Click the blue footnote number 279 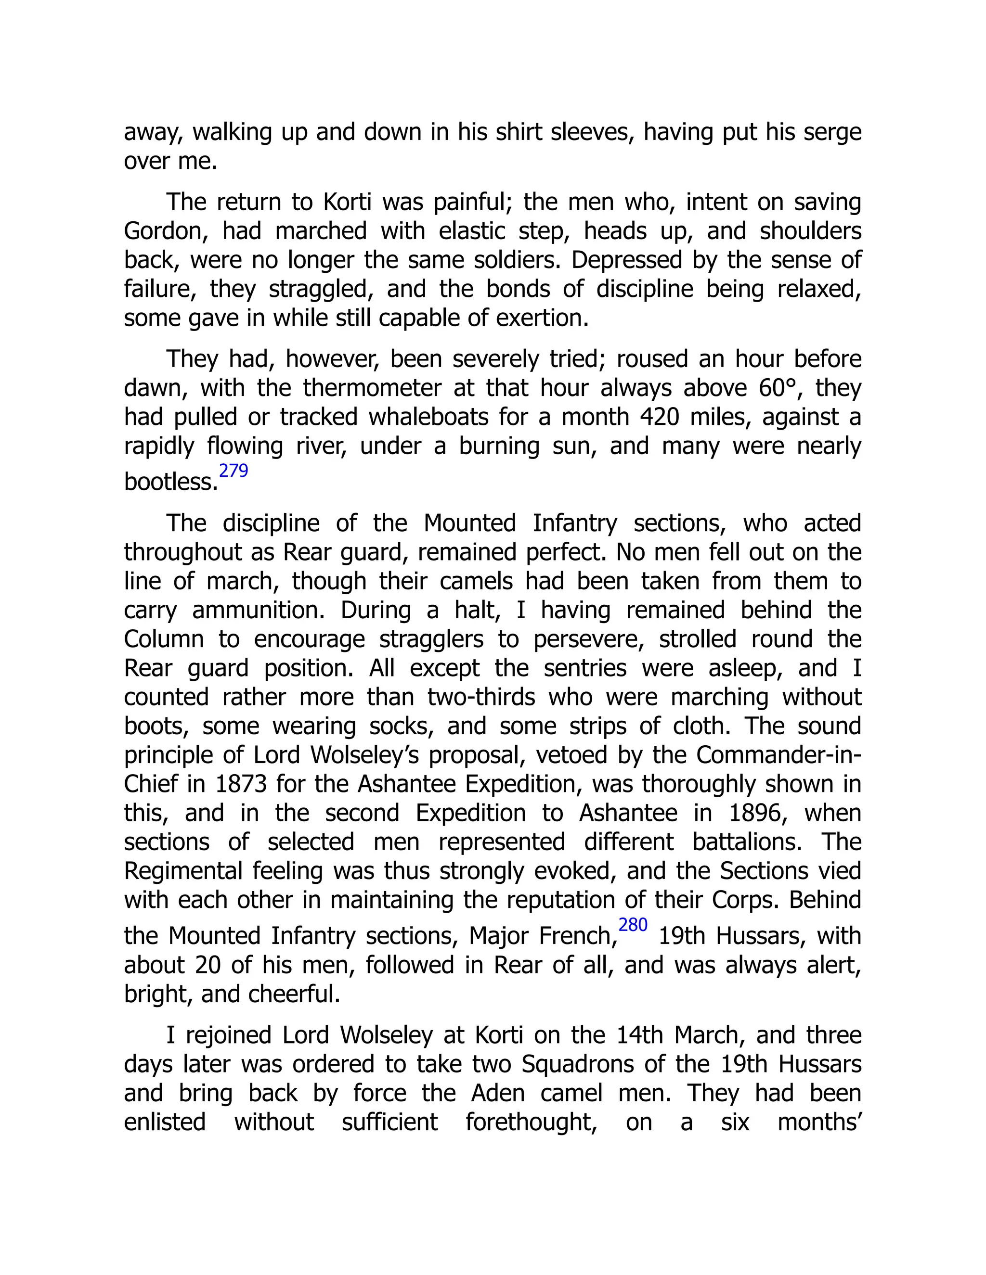point(233,471)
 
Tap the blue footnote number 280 point(633,925)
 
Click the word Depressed point(627,260)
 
